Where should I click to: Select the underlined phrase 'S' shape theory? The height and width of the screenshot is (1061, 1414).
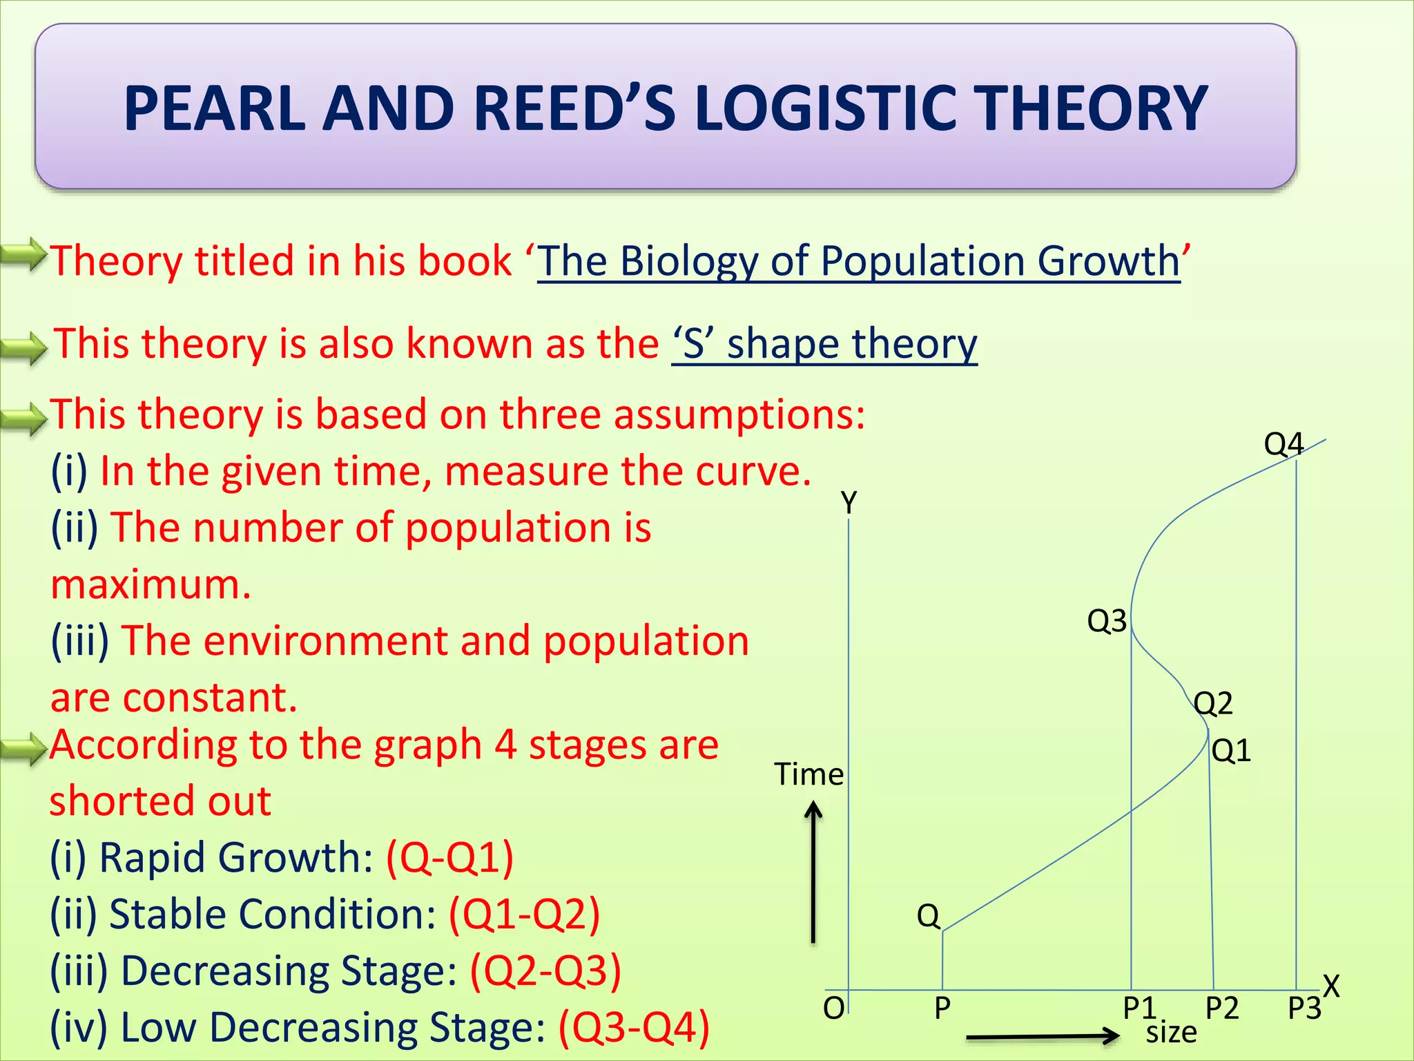tap(824, 343)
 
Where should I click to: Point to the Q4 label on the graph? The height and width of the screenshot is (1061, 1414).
tap(1283, 443)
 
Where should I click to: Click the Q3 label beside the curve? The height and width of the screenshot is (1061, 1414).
tap(1106, 621)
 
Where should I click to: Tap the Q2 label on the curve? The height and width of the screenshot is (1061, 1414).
tap(1213, 703)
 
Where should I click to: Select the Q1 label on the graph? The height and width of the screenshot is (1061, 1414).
tap(1231, 750)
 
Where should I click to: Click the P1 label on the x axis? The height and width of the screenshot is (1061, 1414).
tap(1139, 1009)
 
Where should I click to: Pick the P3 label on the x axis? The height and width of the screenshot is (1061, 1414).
tap(1304, 1009)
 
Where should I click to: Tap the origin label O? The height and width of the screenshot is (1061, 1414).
tap(833, 1009)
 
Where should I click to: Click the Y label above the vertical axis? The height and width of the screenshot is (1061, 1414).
tap(849, 502)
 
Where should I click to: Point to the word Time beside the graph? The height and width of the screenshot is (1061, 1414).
tap(808, 774)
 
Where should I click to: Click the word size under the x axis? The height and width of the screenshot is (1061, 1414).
tap(1171, 1033)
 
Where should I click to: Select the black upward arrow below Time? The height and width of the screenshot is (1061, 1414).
tap(814, 872)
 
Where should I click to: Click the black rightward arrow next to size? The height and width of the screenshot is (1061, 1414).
tap(1043, 1035)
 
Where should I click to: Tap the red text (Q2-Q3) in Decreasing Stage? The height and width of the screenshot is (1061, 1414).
tap(545, 970)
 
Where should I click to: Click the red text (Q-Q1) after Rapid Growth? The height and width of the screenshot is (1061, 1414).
tap(449, 857)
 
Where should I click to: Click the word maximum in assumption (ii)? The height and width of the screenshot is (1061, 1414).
tap(151, 584)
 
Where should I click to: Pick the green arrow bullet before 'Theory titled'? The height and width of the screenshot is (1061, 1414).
tap(23, 255)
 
